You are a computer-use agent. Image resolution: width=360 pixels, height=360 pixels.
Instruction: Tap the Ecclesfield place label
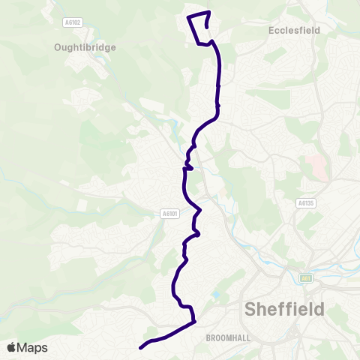[x=293, y=31]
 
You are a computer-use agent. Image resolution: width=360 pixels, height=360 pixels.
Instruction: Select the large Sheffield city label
[x=285, y=309]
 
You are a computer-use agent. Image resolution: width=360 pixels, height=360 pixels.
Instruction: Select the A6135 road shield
[x=305, y=202]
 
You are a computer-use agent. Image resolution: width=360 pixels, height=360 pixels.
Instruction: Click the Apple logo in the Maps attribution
[x=11, y=347]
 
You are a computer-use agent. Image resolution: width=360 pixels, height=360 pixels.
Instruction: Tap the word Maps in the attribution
[x=32, y=347]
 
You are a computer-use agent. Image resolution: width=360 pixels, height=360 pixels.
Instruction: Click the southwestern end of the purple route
[x=141, y=348]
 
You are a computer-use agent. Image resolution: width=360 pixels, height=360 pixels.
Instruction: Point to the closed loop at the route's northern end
[x=199, y=28]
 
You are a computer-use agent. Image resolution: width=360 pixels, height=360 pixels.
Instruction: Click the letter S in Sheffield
[x=251, y=310]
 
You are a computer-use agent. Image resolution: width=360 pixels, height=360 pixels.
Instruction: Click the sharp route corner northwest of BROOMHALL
[x=193, y=322]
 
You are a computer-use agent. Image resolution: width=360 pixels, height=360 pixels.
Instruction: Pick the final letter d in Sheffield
[x=320, y=309]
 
